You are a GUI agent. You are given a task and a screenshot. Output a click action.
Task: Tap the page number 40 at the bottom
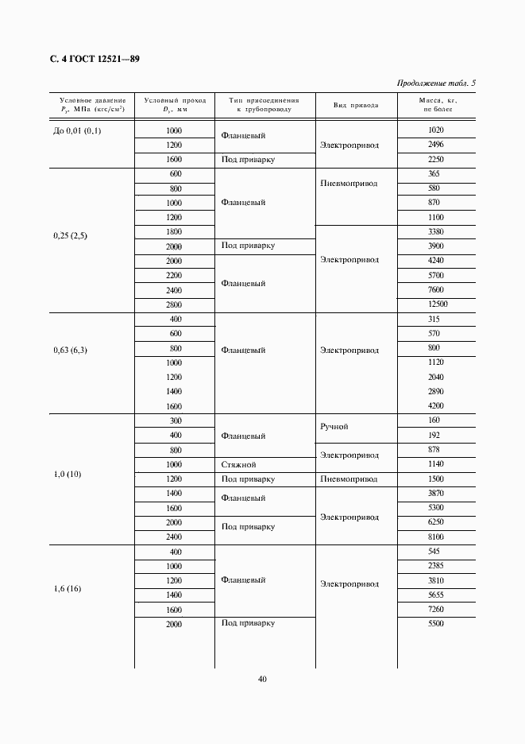262,679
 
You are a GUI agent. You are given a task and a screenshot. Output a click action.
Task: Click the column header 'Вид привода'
355,105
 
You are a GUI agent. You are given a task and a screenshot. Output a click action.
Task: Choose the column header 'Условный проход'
175,105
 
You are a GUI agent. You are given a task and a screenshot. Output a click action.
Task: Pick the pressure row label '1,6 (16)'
68,588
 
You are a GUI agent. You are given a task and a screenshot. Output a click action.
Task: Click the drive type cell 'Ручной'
334,427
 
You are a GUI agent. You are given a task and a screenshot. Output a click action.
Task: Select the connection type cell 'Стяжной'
238,463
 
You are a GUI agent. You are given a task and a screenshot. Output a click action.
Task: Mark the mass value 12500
437,304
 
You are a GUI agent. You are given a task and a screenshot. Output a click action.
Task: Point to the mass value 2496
435,145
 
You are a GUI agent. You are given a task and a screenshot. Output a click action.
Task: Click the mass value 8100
435,537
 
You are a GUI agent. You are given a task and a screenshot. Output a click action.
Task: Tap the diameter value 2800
173,305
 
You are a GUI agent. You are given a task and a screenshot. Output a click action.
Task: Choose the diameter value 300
176,420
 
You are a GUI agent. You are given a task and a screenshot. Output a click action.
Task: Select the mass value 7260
435,609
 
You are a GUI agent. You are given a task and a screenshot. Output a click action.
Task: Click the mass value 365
434,173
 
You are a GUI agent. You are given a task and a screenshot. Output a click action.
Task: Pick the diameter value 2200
173,276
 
